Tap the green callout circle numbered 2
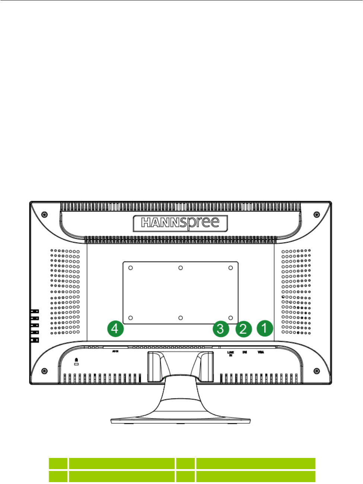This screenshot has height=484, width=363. tap(243, 329)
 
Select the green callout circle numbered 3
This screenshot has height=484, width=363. tap(221, 329)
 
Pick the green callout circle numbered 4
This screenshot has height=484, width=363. tap(115, 328)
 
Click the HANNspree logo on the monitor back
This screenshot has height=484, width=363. tap(180, 223)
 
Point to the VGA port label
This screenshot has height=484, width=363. tap(261, 352)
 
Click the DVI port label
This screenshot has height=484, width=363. tap(245, 352)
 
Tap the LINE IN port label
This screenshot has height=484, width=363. tap(230, 353)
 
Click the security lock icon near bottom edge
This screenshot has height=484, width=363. tap(76, 361)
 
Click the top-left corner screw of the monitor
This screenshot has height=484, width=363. tap(45, 214)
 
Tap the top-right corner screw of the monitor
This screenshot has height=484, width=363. tap(317, 214)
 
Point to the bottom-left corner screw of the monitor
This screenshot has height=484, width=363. tap(45, 371)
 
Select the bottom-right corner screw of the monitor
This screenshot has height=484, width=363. tap(317, 371)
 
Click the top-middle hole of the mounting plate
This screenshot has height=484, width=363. tap(181, 268)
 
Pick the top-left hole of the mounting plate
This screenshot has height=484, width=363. tap(130, 268)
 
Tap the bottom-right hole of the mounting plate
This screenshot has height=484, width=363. tap(230, 318)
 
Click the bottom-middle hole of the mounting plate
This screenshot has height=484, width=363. tap(181, 318)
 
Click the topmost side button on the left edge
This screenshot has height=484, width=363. tap(35, 311)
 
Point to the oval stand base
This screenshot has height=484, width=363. tap(181, 420)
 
